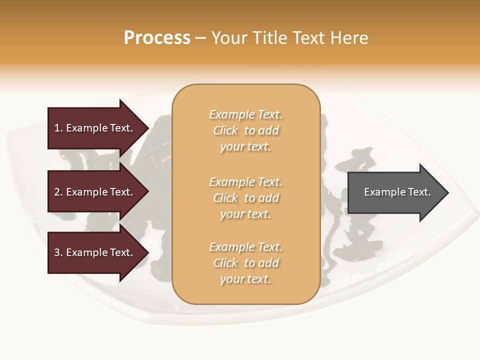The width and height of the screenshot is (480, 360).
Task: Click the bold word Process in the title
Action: tap(157, 38)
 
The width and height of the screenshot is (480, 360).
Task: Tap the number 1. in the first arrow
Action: tap(58, 128)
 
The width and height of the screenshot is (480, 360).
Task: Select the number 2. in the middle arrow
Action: tap(58, 192)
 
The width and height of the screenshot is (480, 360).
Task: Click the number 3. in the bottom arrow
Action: tap(58, 252)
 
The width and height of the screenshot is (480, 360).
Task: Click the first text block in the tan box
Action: tap(245, 130)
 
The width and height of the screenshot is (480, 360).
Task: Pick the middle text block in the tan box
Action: tap(245, 198)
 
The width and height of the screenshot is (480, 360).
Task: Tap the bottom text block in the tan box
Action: tap(245, 263)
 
